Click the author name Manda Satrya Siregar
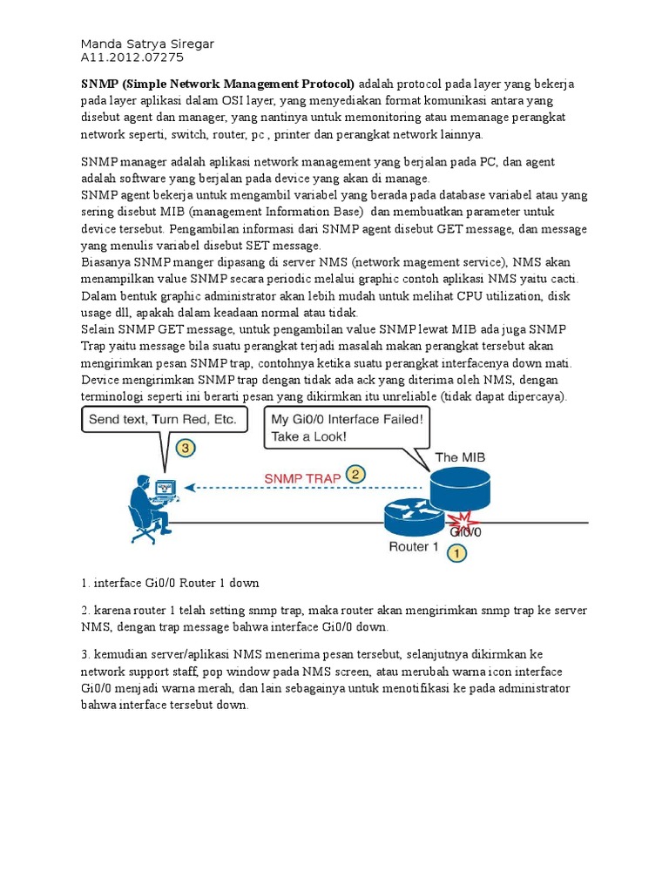pyautogui.click(x=147, y=44)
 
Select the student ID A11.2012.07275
pyautogui.click(x=132, y=58)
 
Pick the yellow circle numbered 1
pyautogui.click(x=456, y=551)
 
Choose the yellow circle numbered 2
pyautogui.click(x=355, y=475)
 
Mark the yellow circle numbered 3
pyautogui.click(x=184, y=449)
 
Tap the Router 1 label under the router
pyautogui.click(x=414, y=546)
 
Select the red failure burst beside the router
pyautogui.click(x=456, y=521)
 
